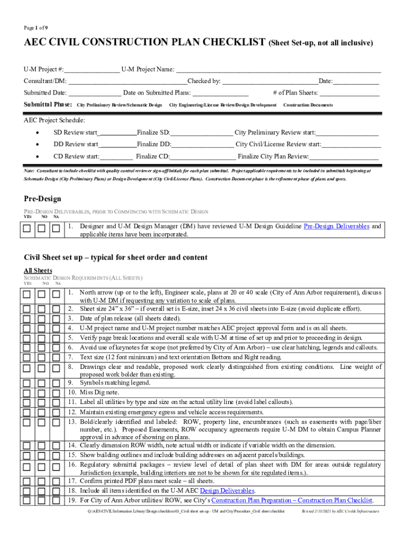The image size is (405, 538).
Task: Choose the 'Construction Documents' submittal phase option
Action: pos(308,105)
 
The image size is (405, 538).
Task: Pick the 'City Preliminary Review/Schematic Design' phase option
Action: pos(119,105)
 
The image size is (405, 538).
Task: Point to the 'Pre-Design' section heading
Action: pos(43,199)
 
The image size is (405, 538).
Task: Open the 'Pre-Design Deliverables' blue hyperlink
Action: pos(337,226)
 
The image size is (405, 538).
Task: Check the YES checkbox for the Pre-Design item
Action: pos(27,229)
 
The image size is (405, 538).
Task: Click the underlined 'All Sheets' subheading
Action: pos(38,271)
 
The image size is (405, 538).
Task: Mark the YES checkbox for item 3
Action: pos(27,318)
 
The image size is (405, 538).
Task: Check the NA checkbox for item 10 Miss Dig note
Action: pos(56,392)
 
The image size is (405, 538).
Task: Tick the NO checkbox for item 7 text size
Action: pos(42,358)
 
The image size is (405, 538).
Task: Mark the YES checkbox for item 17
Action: pos(27,481)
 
